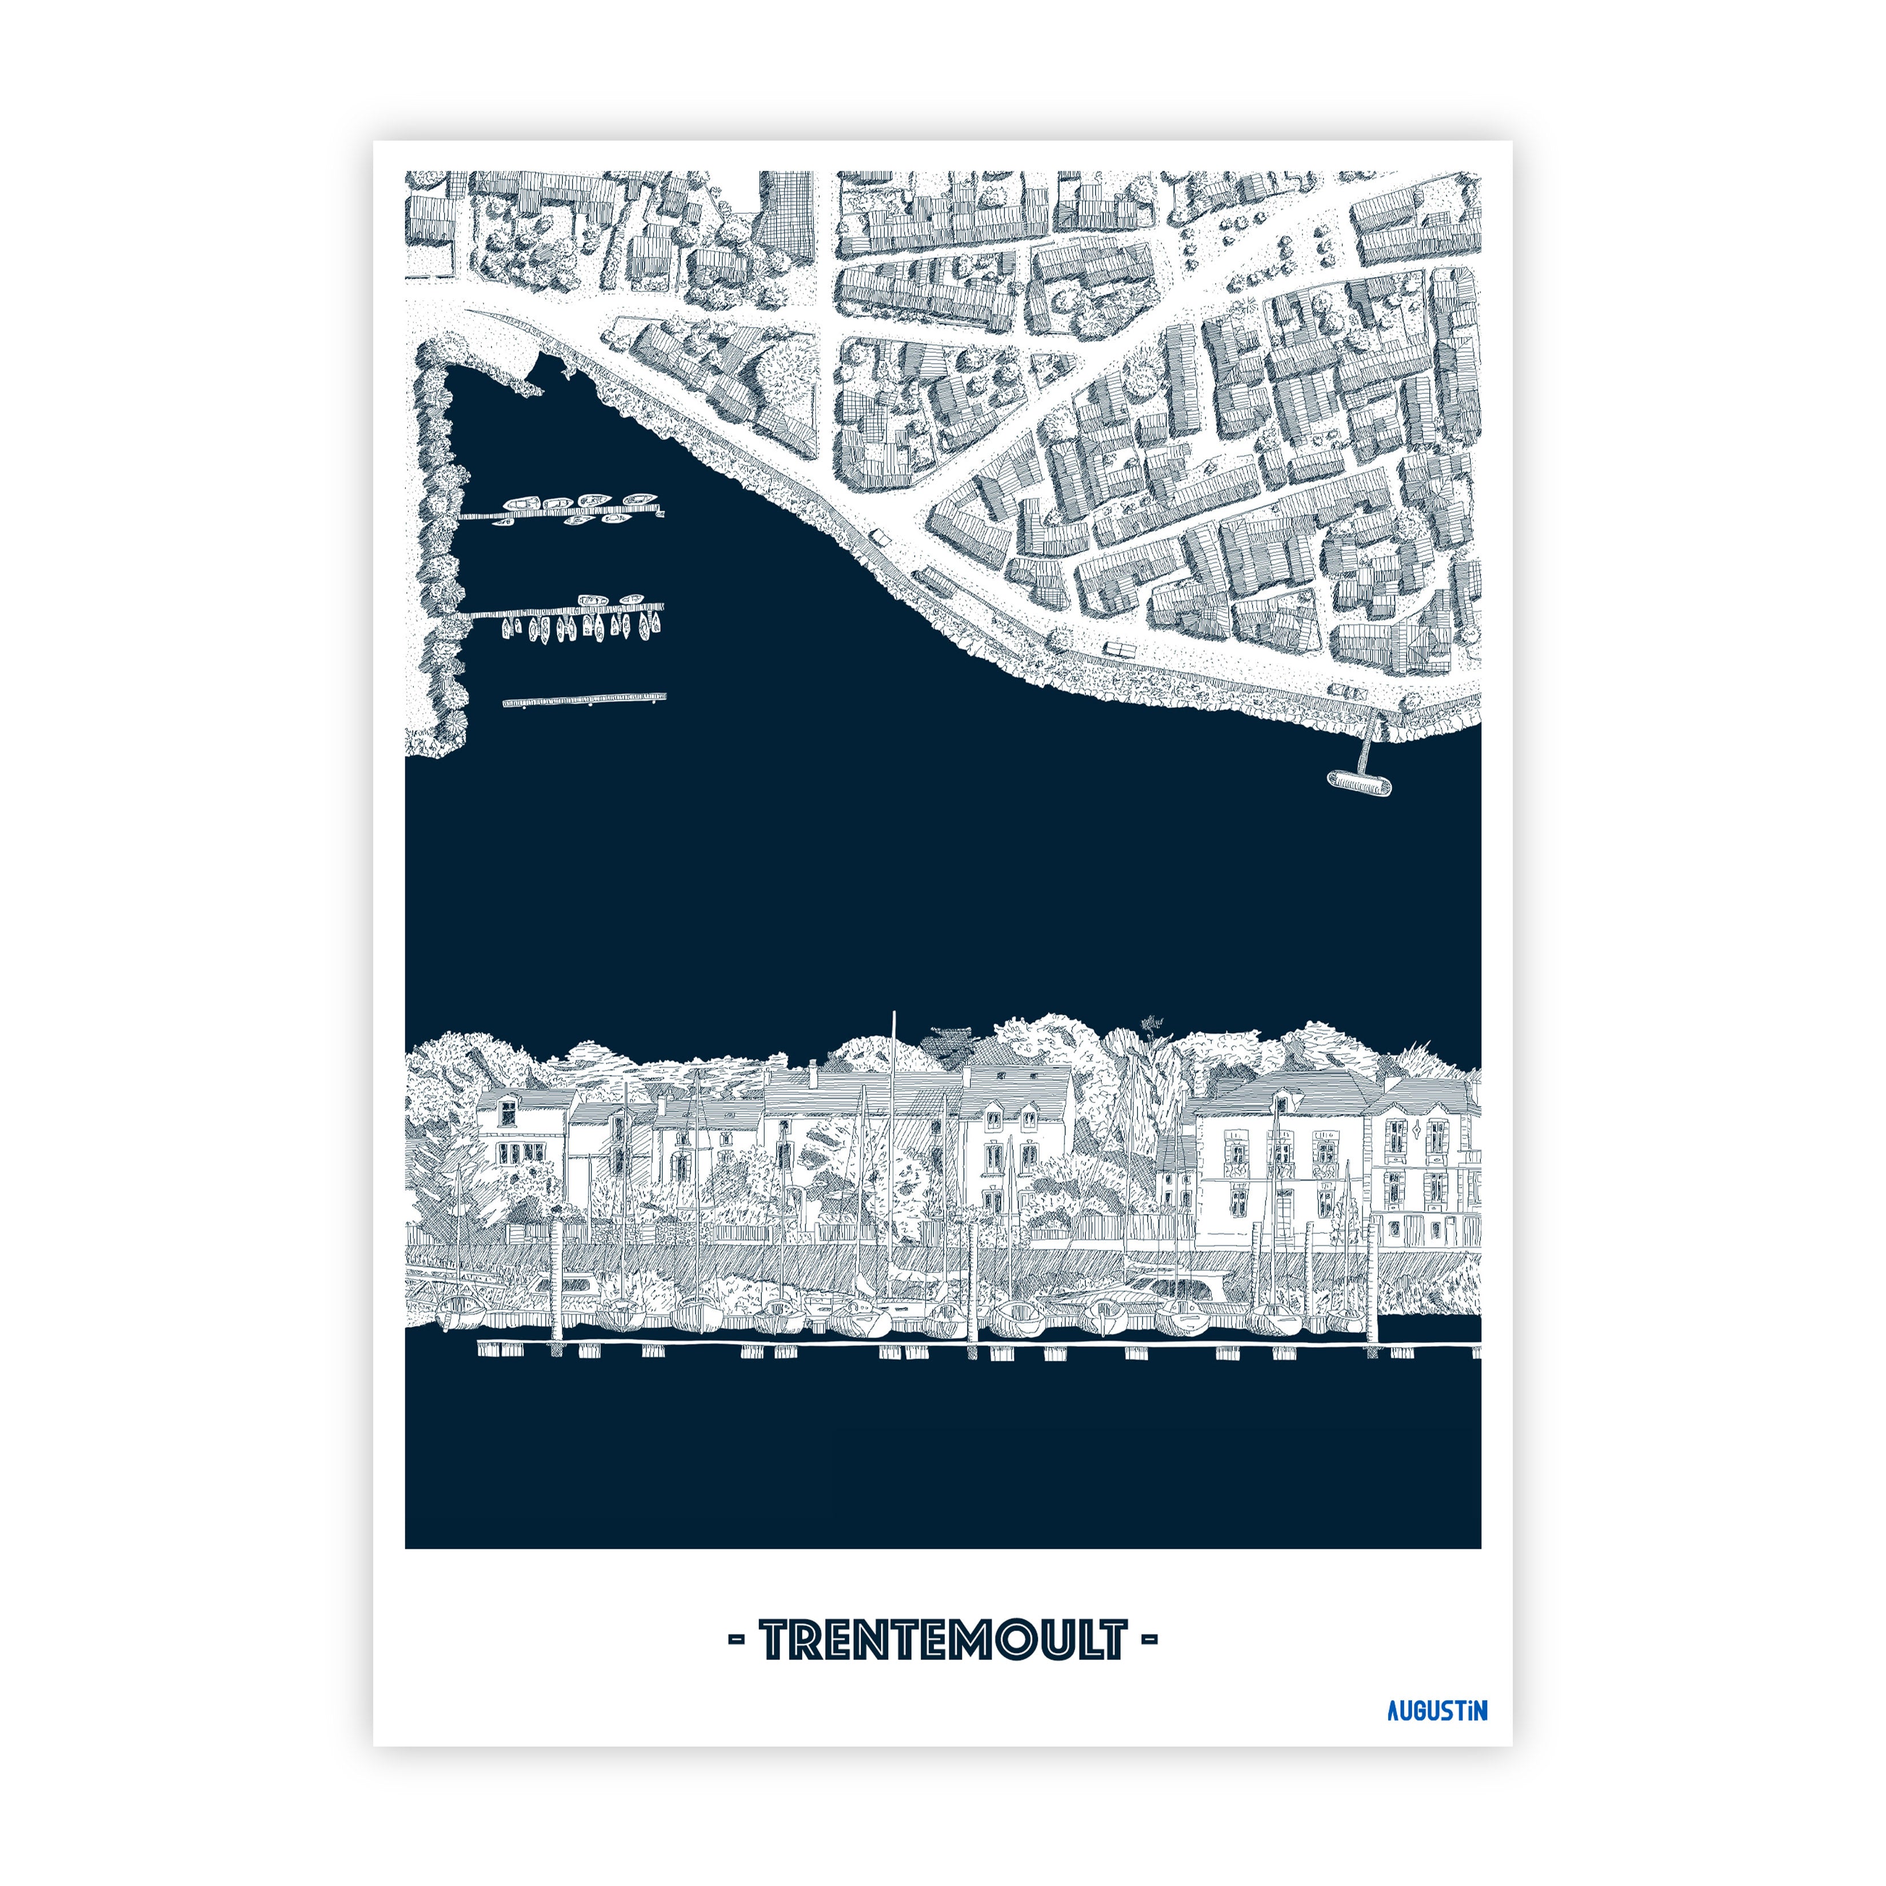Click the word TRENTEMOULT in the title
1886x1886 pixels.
[943, 1641]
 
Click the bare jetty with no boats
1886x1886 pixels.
[584, 699]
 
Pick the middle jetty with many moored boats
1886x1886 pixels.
[566, 613]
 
